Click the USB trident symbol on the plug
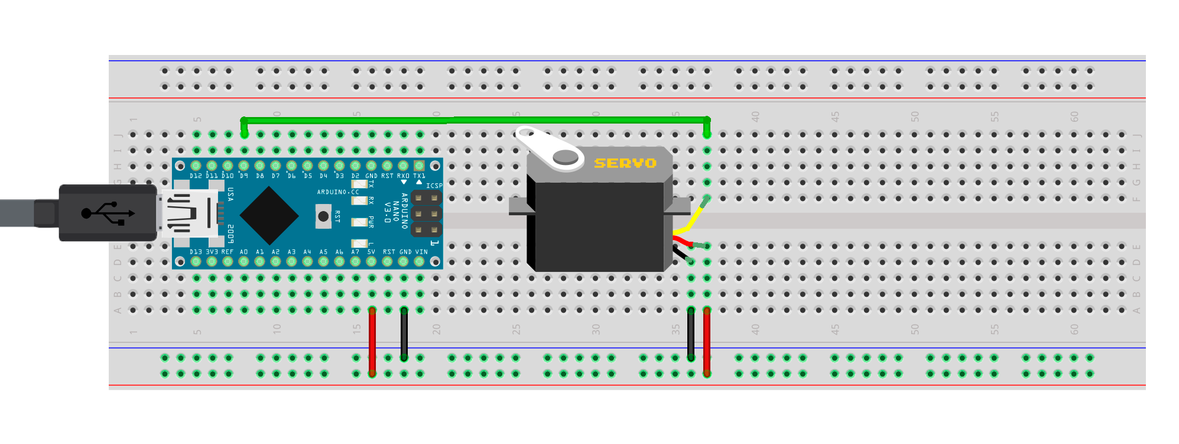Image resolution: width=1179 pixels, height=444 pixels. (x=108, y=213)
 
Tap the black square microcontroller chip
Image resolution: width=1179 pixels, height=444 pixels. (x=269, y=216)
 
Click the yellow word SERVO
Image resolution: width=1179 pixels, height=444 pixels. (x=625, y=163)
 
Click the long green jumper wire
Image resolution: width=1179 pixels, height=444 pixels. (x=473, y=120)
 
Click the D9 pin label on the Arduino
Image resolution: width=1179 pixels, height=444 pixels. (x=243, y=176)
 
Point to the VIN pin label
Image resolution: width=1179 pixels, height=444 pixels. (x=421, y=252)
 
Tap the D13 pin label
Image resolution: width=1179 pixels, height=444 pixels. (x=196, y=252)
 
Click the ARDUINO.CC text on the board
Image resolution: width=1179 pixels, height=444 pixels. (x=337, y=192)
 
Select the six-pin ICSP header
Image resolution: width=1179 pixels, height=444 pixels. (x=426, y=213)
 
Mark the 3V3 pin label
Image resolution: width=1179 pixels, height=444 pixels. (x=212, y=252)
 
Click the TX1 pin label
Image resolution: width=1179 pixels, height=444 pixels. (x=419, y=176)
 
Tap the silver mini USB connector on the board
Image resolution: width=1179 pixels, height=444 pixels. (x=189, y=213)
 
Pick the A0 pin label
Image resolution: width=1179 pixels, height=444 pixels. (x=243, y=252)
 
